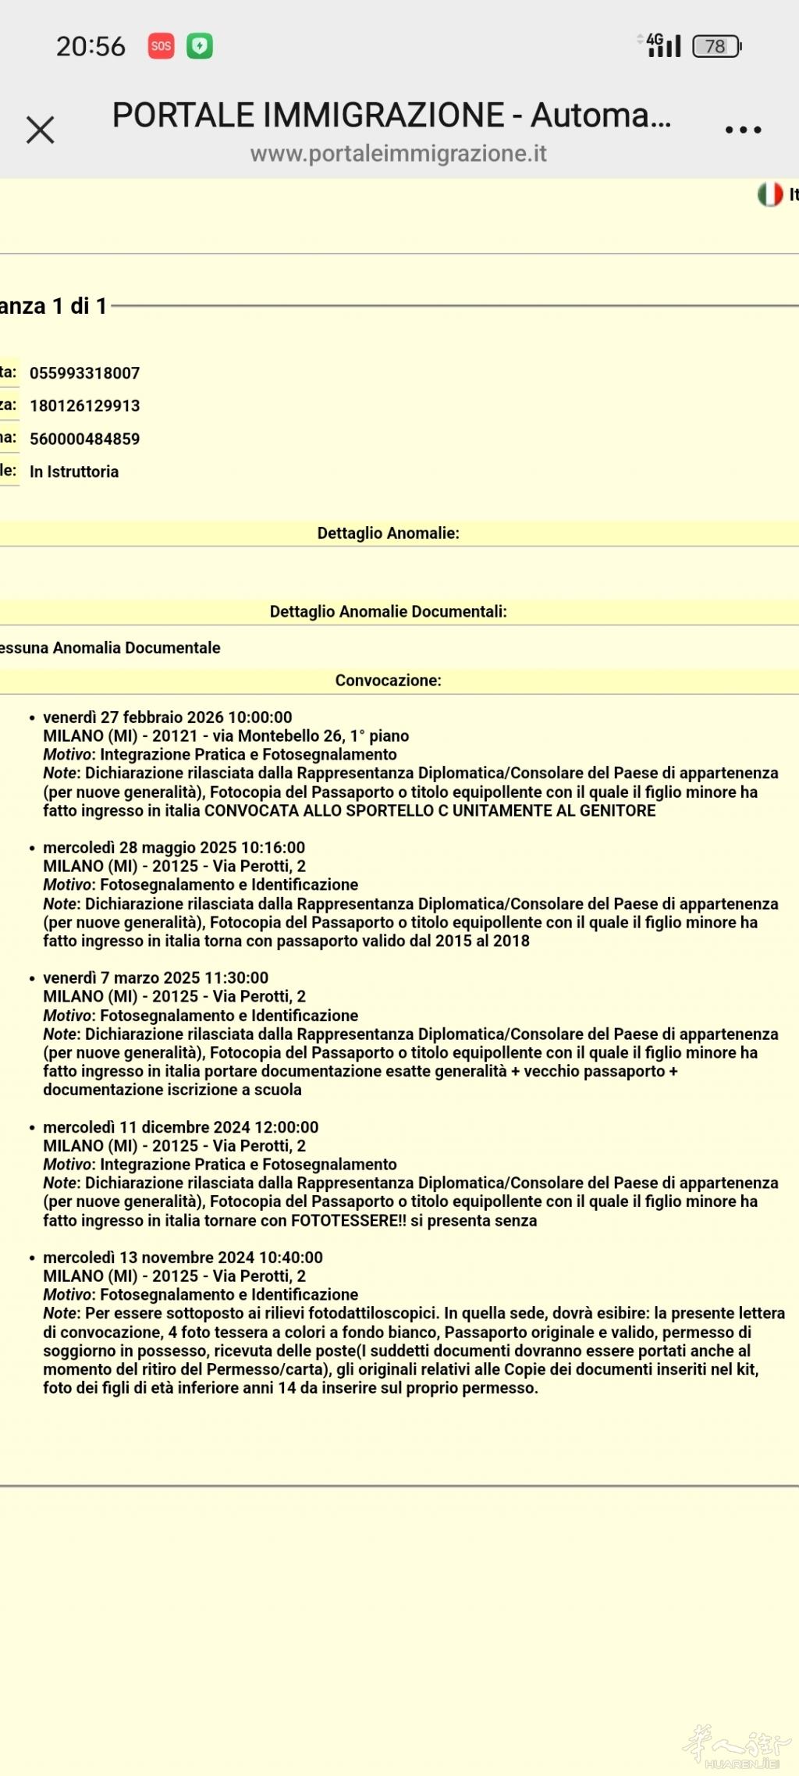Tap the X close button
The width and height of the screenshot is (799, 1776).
(40, 130)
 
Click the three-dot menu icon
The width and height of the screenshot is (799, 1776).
(743, 130)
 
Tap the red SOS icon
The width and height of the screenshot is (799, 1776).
(162, 46)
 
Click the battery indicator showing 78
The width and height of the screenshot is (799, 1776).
(716, 46)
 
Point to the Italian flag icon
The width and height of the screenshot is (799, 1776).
(770, 194)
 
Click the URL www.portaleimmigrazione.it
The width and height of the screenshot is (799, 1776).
(398, 154)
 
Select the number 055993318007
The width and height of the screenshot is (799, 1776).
(85, 373)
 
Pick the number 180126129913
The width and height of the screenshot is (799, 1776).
(85, 406)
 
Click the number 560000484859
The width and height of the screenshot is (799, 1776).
(85, 439)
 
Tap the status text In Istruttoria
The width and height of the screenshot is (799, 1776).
(74, 472)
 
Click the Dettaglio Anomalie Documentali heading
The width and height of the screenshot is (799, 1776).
(388, 611)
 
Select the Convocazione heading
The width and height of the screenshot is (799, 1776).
(388, 680)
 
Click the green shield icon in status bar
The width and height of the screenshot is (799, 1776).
(200, 46)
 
